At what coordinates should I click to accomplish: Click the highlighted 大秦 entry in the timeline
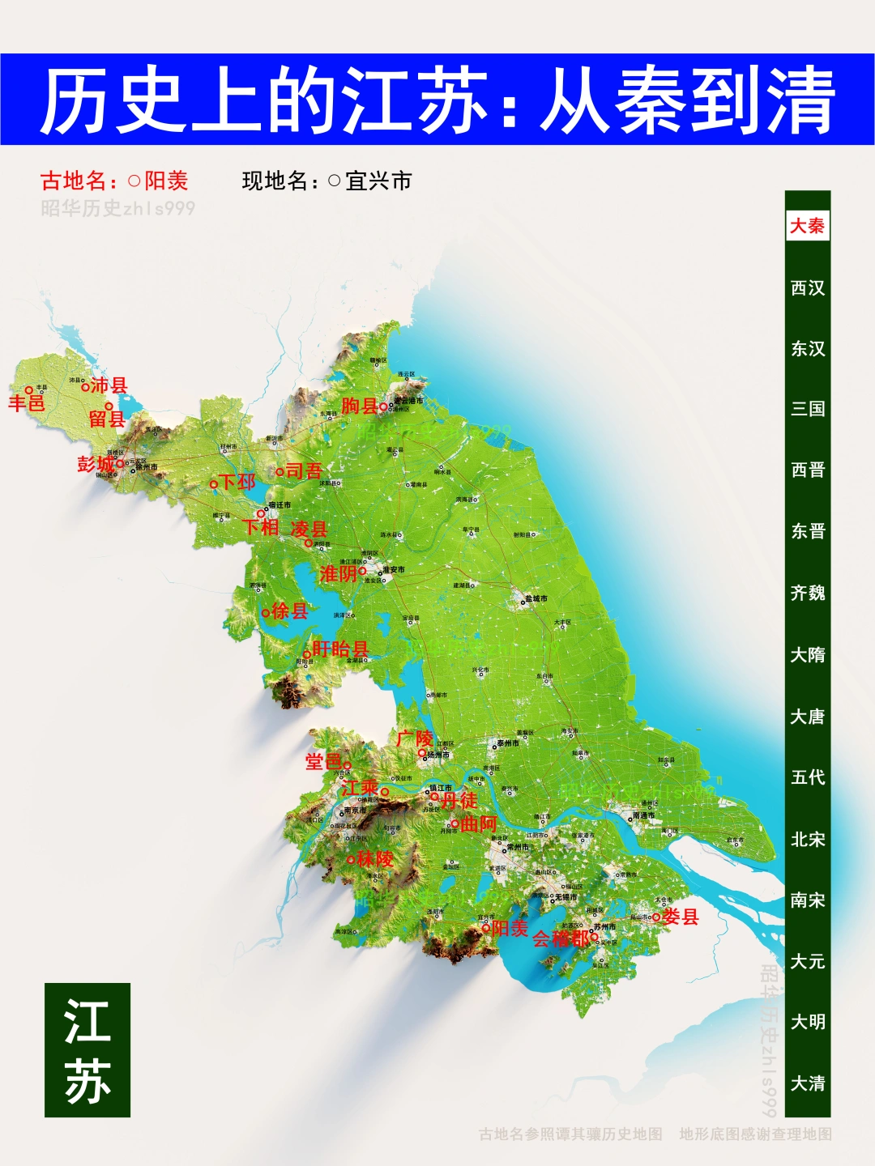pyautogui.click(x=807, y=226)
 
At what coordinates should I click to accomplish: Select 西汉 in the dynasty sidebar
pyautogui.click(x=807, y=287)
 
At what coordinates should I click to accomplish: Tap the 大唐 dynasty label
pyautogui.click(x=807, y=717)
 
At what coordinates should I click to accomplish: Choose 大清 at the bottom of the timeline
pyautogui.click(x=807, y=1083)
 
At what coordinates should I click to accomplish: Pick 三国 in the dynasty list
pyautogui.click(x=807, y=409)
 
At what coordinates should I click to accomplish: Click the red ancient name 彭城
pyautogui.click(x=96, y=464)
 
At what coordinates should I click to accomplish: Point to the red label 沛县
pyautogui.click(x=109, y=385)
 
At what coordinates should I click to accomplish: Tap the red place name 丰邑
pyautogui.click(x=27, y=402)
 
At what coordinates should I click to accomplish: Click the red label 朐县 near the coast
pyautogui.click(x=360, y=406)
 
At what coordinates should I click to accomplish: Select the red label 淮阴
pyautogui.click(x=339, y=574)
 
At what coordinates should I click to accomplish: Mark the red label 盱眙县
pyautogui.click(x=340, y=649)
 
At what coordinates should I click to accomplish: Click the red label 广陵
pyautogui.click(x=415, y=738)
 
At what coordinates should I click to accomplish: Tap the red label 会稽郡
pyautogui.click(x=561, y=939)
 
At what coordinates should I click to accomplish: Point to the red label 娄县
pyautogui.click(x=681, y=917)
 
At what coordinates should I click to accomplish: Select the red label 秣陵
pyautogui.click(x=375, y=859)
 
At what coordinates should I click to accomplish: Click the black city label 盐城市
pyautogui.click(x=536, y=599)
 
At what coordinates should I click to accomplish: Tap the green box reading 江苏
pyautogui.click(x=87, y=1050)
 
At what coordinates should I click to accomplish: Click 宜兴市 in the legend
pyautogui.click(x=378, y=181)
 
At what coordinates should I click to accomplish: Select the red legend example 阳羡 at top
pyautogui.click(x=166, y=181)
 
